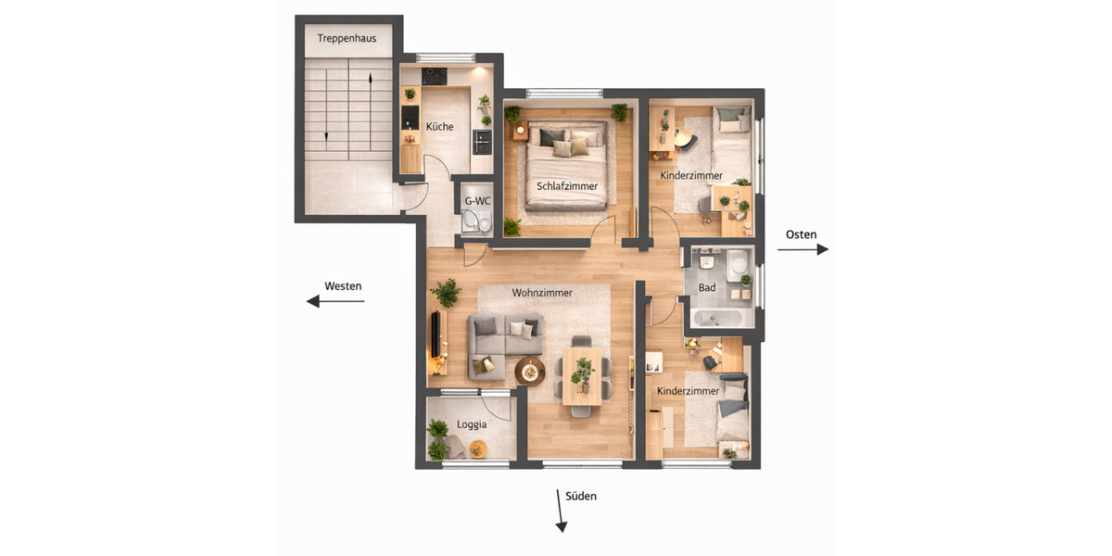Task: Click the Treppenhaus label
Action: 347,38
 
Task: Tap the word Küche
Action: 439,127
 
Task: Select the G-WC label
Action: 477,200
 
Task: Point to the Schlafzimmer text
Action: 566,186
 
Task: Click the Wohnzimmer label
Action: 542,293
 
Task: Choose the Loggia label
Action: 472,425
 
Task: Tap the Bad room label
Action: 707,288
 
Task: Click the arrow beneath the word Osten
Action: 802,249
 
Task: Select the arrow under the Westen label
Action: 335,301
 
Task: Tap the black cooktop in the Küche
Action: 434,76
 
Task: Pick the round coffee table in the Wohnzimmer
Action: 530,372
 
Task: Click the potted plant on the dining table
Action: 582,373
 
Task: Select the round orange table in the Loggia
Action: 478,449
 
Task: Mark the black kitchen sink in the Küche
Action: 409,117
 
